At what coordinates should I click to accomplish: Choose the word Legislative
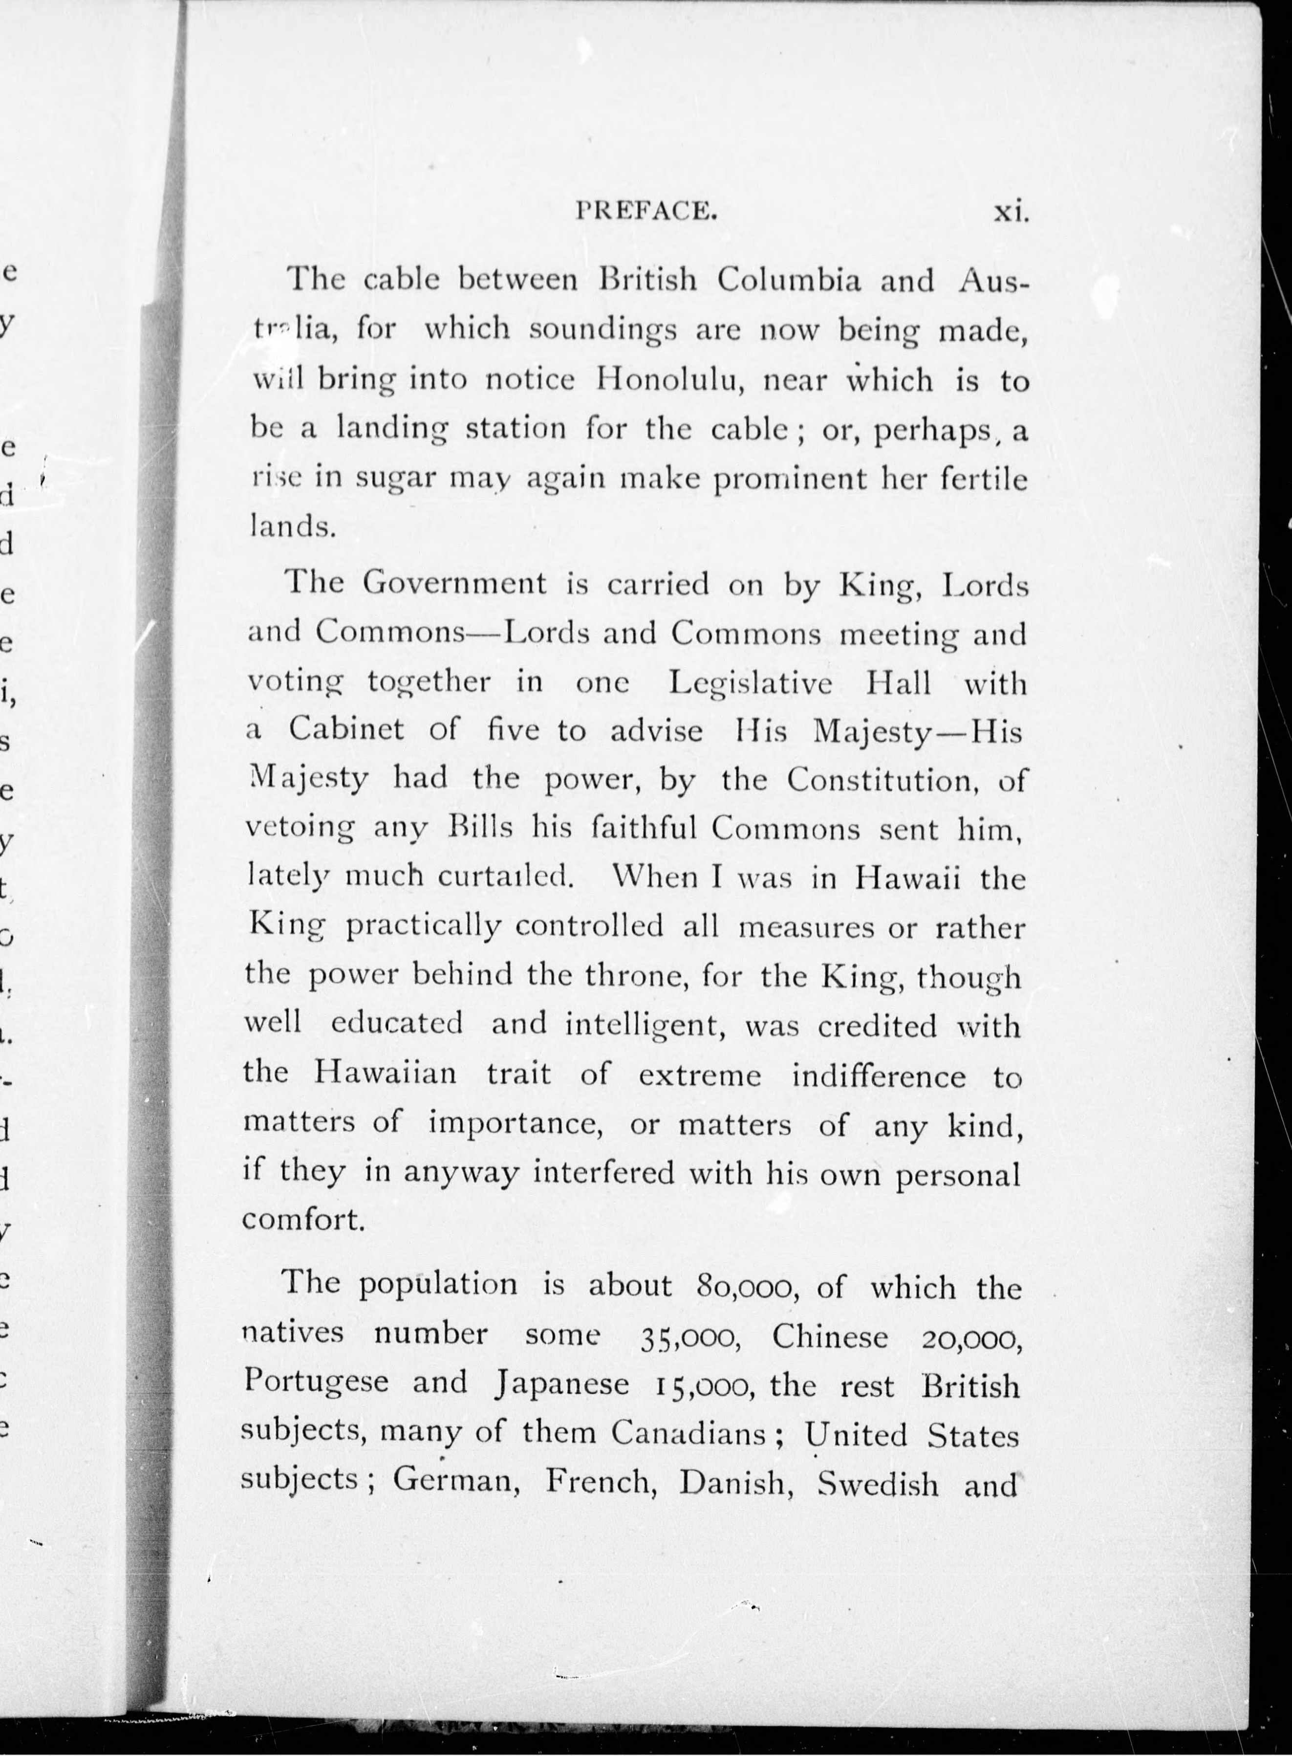click(x=751, y=683)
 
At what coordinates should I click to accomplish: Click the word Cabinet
click(x=345, y=730)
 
